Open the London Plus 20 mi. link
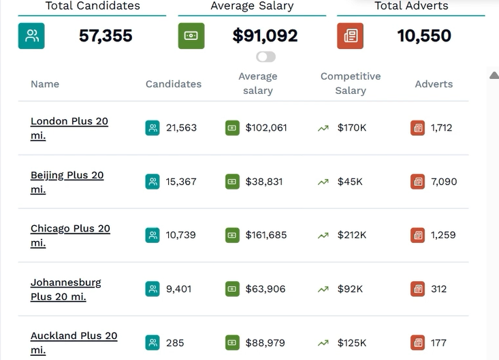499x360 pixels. click(69, 128)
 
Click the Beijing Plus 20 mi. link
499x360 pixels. click(67, 182)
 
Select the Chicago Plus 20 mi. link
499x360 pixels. click(70, 235)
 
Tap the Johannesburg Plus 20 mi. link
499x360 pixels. click(66, 289)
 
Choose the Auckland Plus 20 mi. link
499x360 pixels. click(74, 343)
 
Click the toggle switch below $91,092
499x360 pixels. click(265, 57)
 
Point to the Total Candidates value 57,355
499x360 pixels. click(106, 35)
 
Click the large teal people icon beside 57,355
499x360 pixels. click(31, 36)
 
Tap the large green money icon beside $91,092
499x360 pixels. click(191, 36)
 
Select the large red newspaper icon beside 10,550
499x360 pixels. click(351, 36)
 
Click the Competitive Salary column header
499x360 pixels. click(351, 83)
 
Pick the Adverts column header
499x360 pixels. click(434, 84)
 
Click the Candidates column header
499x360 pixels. click(174, 84)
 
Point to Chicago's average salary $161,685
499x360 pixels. click(266, 235)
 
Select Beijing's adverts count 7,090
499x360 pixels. click(444, 182)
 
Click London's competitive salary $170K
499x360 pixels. click(352, 128)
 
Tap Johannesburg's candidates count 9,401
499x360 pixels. click(179, 289)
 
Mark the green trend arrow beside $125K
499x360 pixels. click(323, 343)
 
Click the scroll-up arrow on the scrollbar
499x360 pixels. click(494, 75)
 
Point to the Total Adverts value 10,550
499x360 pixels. click(424, 35)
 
